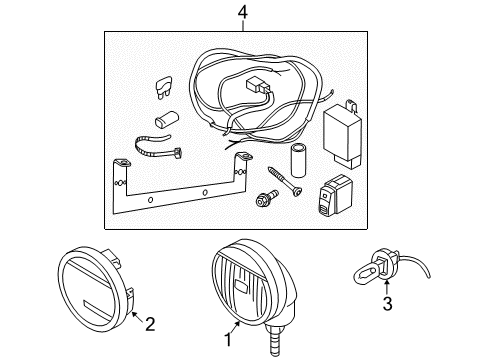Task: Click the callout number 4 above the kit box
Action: pos(243,13)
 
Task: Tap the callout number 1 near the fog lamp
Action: pos(228,340)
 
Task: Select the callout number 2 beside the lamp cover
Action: pos(150,324)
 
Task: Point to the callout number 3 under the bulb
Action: pos(387,304)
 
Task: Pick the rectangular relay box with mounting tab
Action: pos(342,133)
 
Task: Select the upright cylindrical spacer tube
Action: pos(298,160)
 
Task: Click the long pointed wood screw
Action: pos(285,182)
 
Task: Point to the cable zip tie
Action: pos(158,147)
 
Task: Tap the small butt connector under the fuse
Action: pos(167,119)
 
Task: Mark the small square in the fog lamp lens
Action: pos(240,284)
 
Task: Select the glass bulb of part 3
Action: pos(363,276)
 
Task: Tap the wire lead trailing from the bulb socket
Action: pos(415,263)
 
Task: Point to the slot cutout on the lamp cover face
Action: pos(96,309)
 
